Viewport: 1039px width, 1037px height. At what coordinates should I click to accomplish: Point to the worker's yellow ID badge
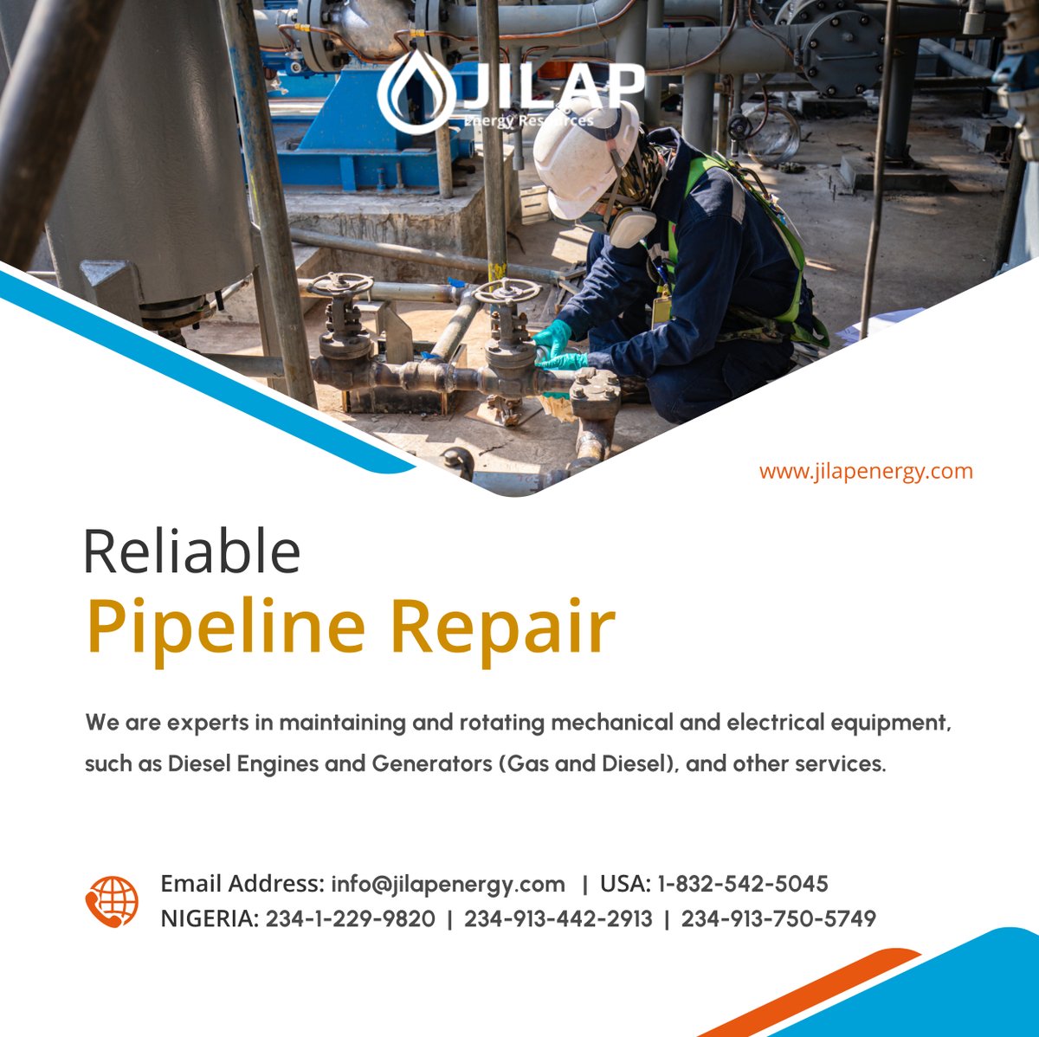click(661, 308)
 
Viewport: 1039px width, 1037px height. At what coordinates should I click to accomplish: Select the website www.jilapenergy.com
click(866, 472)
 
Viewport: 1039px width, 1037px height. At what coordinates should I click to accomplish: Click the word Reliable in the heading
click(191, 552)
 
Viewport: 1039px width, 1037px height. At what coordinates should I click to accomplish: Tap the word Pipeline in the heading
click(226, 627)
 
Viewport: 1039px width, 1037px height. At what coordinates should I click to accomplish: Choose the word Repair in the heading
click(502, 627)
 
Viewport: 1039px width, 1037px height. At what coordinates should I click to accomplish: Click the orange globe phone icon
click(112, 901)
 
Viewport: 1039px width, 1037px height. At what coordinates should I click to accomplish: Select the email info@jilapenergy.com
click(448, 884)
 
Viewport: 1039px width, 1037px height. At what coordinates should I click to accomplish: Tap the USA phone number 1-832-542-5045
click(742, 884)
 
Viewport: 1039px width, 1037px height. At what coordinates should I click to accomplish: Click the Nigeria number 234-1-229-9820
click(350, 918)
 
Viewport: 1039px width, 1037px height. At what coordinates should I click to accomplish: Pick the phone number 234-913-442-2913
click(558, 918)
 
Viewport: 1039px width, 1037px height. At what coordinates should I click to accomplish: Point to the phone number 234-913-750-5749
click(778, 918)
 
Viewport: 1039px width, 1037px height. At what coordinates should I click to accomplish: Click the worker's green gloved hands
click(554, 346)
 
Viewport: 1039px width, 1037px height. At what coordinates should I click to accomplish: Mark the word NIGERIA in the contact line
click(209, 918)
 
